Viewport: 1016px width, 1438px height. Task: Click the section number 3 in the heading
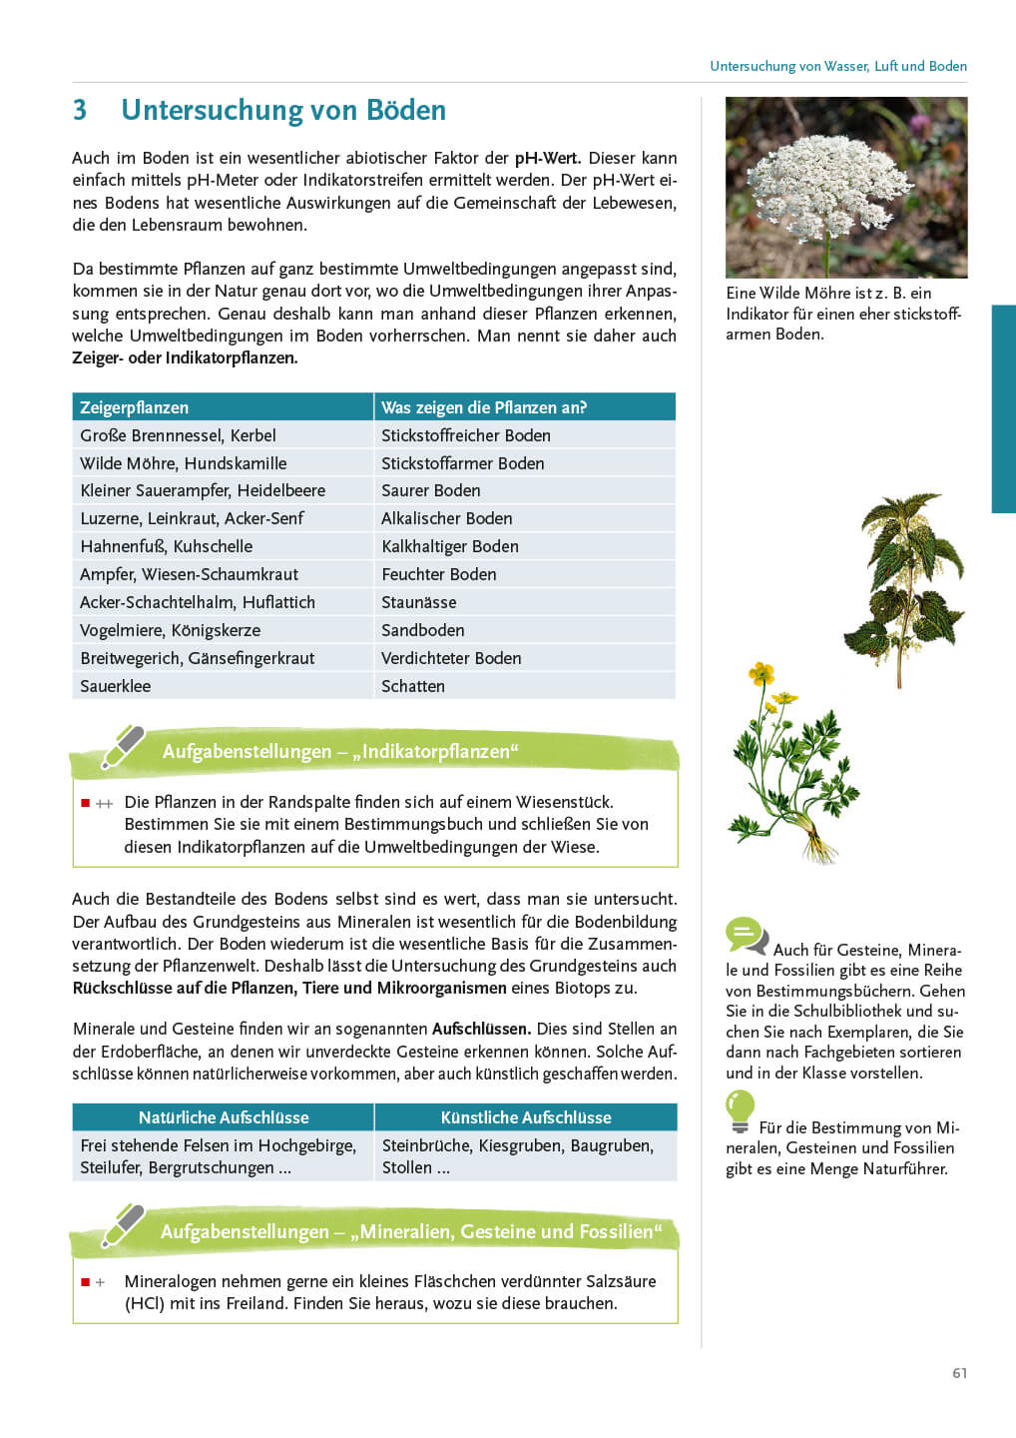tap(80, 110)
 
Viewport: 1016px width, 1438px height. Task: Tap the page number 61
tap(959, 1373)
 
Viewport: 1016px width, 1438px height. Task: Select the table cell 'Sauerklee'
tap(115, 686)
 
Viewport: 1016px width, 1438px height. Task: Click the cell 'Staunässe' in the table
tap(418, 602)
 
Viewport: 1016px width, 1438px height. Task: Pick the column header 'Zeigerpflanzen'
tap(134, 407)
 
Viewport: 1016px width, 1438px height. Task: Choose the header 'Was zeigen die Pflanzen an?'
tap(483, 407)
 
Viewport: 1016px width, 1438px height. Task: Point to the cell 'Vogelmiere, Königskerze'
tap(170, 630)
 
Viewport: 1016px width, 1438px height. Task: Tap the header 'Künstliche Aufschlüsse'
tap(526, 1117)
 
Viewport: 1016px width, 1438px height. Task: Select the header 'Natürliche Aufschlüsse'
tap(224, 1117)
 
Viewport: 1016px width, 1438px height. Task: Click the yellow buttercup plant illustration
tap(788, 764)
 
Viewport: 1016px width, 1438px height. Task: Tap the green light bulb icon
tap(740, 1109)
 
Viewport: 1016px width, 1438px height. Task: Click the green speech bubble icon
tap(746, 936)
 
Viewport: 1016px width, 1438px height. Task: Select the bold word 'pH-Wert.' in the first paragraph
tap(547, 158)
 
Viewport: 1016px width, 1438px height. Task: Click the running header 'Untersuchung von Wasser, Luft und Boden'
tap(838, 66)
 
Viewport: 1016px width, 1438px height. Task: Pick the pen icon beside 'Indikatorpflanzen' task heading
tap(122, 747)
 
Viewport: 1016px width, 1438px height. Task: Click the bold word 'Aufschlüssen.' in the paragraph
tap(481, 1029)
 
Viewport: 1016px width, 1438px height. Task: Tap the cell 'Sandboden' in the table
tap(422, 630)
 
